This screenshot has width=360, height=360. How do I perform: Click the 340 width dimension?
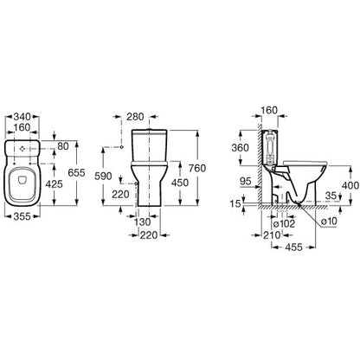point(22,117)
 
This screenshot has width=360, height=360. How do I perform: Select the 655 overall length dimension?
point(76,172)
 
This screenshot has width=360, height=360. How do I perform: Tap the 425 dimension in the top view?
point(55,183)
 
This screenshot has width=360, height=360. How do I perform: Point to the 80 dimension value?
point(63,146)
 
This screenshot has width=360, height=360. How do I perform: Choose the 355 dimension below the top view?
point(22,216)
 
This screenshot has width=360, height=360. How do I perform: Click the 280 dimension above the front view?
point(135,117)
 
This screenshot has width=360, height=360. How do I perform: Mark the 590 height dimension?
point(103,176)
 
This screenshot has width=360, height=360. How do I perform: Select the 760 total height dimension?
point(197,168)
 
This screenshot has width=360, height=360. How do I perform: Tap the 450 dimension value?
point(180,183)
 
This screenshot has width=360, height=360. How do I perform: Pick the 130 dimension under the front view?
point(143,222)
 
